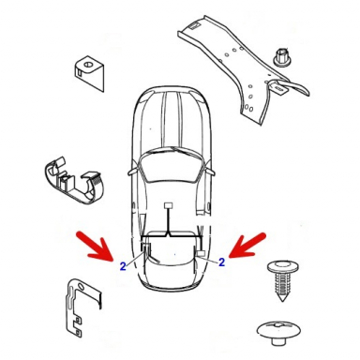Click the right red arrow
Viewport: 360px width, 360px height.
click(247, 246)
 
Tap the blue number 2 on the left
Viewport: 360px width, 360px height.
click(123, 266)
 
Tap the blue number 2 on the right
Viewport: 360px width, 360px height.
click(221, 262)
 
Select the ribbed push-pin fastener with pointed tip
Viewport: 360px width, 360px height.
click(283, 278)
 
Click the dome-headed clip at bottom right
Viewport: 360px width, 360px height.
click(278, 332)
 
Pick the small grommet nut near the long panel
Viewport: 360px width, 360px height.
click(281, 57)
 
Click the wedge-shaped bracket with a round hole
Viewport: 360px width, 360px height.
click(89, 73)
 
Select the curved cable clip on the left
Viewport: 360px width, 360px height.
click(74, 180)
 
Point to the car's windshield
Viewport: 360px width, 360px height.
click(171, 167)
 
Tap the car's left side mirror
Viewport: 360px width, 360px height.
click(132, 172)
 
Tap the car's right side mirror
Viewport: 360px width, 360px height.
click(211, 171)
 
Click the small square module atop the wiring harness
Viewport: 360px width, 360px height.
click(169, 206)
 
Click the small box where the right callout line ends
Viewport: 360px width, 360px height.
click(201, 253)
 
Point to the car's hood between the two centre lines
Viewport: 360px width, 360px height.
click(172, 120)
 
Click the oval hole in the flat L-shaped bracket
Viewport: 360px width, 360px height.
click(81, 287)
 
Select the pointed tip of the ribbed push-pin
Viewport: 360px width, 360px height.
click(283, 300)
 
